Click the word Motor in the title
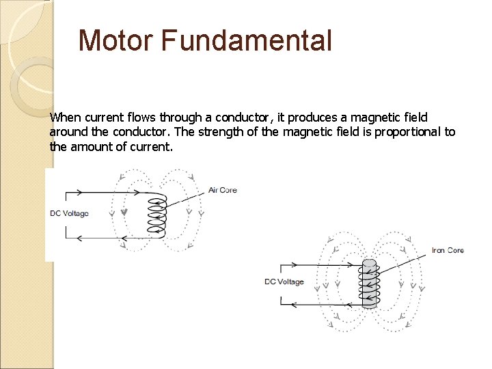tap(116, 40)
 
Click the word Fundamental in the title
tap(247, 40)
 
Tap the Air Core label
tap(223, 190)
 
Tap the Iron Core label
tap(448, 251)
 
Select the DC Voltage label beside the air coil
tap(69, 214)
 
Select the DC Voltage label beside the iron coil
tap(284, 282)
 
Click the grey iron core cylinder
tap(369, 284)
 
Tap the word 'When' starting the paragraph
tap(65, 118)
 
